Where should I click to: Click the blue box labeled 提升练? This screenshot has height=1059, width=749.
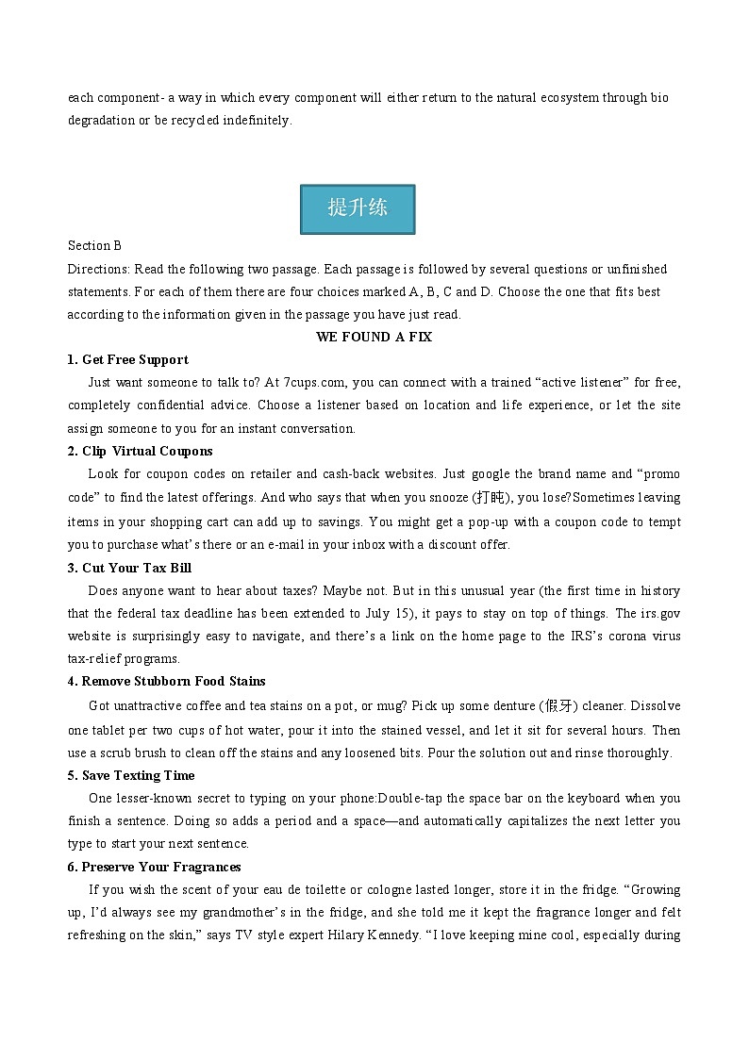358,208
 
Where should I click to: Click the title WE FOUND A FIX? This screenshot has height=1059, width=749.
374,337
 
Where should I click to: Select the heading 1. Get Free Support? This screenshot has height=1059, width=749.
127,359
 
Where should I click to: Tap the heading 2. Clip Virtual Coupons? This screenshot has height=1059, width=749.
140,451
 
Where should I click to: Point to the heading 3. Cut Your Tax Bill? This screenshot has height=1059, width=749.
129,568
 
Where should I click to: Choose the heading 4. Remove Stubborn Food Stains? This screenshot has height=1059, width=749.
166,681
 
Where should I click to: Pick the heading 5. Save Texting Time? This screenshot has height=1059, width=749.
131,775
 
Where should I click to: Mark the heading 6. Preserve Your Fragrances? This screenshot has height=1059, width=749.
154,867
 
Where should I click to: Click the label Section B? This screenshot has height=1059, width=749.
94,246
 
